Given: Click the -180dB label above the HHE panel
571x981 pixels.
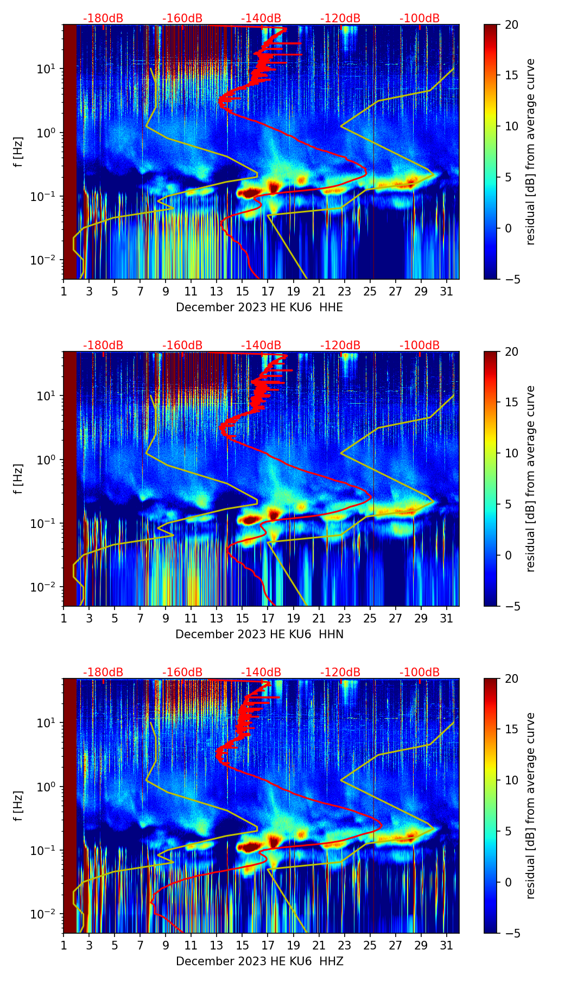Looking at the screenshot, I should (103, 18).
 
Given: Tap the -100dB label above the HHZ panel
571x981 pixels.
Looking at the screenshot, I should (420, 672).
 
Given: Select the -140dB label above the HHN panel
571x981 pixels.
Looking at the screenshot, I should (261, 345).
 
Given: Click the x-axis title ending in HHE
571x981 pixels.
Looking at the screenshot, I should (259, 307).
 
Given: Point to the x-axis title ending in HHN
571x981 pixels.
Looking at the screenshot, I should (259, 634).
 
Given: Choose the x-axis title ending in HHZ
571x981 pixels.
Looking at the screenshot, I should (259, 961).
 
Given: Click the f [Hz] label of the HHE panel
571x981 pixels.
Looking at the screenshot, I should (18, 152).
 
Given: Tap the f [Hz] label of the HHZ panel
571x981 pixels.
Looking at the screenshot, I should (18, 806).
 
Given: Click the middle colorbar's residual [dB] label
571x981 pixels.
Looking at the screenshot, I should (531, 479).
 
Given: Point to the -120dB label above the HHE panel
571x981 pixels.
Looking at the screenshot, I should (340, 18).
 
